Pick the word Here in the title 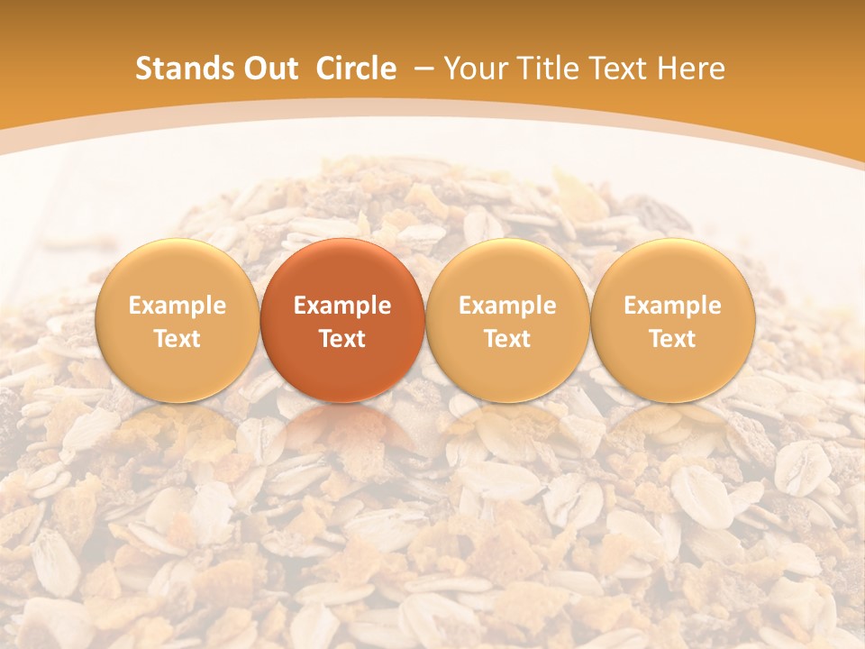pos(691,69)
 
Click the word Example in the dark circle pos(342,306)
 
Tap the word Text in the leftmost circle pos(178,339)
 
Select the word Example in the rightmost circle pos(673,306)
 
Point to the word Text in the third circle pos(507,339)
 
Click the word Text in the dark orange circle pos(342,339)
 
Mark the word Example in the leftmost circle pos(178,306)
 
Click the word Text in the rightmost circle pos(673,339)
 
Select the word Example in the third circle pos(507,306)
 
